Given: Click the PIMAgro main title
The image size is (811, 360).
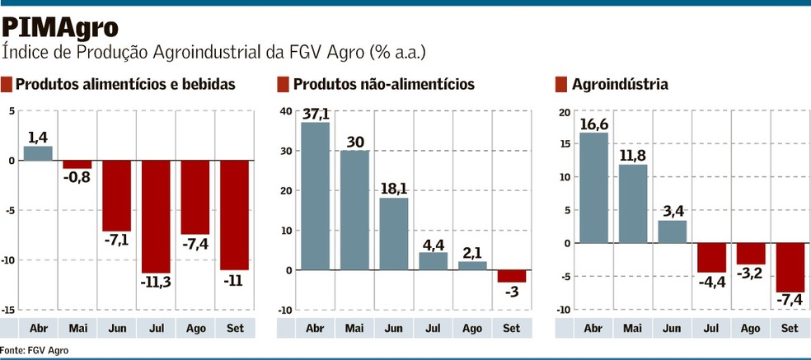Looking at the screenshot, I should pos(60,27).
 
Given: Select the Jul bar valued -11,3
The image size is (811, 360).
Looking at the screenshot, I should pos(155,217).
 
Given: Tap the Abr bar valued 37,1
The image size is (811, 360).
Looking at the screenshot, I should pos(315,196).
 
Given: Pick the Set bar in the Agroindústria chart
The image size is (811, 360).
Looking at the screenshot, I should pos(789,268).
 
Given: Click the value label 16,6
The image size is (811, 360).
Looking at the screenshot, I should pos(593,124).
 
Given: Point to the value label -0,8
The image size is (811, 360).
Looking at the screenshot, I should pos(77,176).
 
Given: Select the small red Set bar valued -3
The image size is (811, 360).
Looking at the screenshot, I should pos(511,276).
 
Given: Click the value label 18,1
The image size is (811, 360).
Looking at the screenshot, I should pos(394,188).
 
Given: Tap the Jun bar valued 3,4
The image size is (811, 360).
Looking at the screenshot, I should pos(672,231).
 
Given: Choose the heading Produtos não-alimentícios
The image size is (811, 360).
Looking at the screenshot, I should pos(383,84).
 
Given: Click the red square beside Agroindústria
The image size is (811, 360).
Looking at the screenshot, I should pos(561,84).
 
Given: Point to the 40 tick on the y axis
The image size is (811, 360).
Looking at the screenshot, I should pos(285,110).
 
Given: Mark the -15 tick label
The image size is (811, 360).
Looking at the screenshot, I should pos(8,310).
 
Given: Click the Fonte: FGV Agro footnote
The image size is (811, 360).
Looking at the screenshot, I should pos(35,350).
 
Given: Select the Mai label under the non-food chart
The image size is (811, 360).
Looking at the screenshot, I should pos(354,329).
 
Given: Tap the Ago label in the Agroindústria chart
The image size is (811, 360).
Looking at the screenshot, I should pos(750,329).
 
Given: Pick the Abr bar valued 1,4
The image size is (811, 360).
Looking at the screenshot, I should pos(38,153).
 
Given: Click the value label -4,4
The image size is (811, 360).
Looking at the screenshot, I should pos(710,281).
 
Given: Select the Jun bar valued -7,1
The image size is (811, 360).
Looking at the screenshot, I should pos(116,196).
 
